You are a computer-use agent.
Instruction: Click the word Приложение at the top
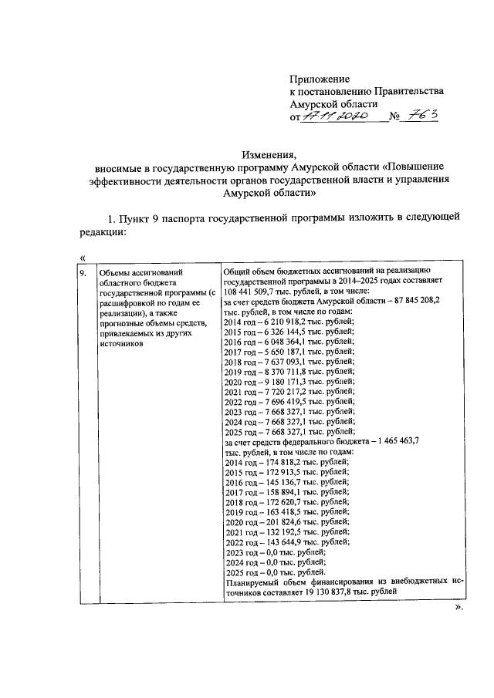[320, 79]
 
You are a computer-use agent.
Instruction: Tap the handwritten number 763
[424, 115]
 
